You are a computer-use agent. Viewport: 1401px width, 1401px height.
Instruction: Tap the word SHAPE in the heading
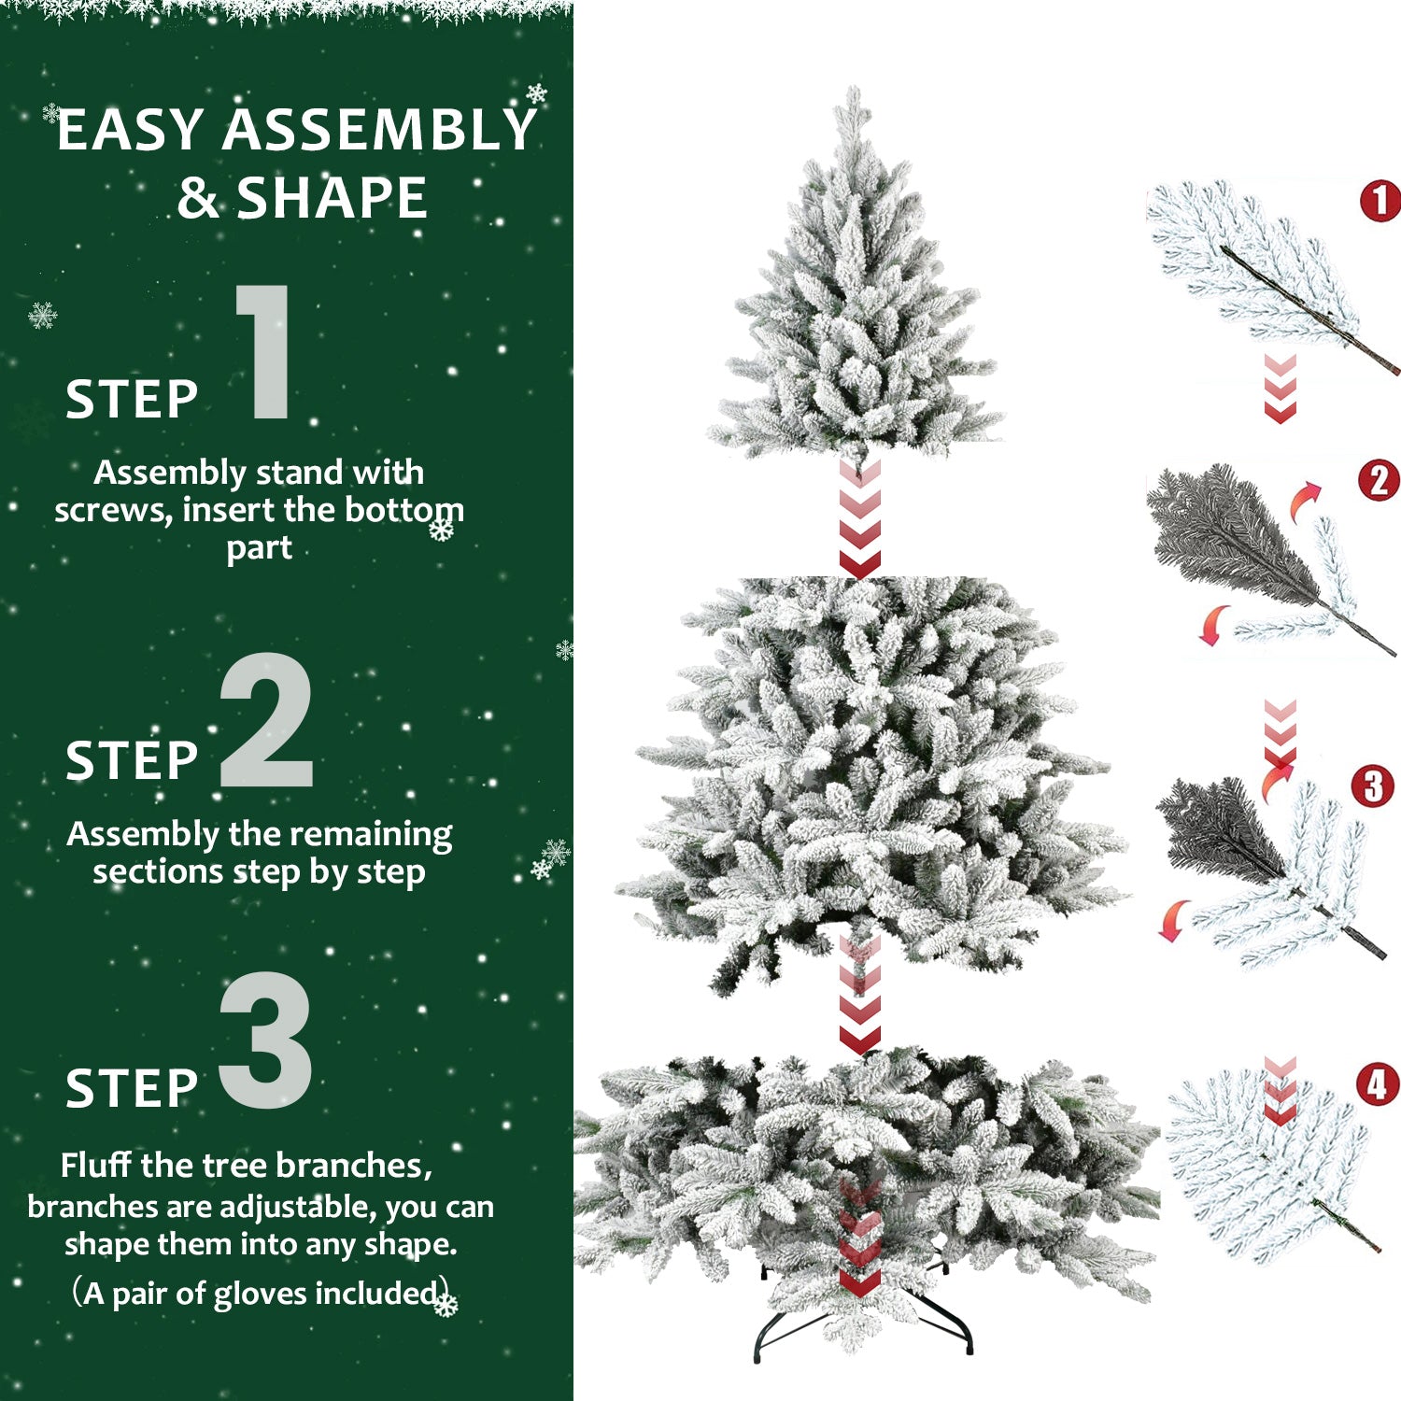[332, 198]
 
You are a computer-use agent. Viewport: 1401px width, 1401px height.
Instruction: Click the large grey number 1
[264, 353]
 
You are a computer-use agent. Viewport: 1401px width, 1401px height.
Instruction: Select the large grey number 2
[266, 721]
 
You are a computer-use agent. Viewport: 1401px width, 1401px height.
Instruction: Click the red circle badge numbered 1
[1380, 201]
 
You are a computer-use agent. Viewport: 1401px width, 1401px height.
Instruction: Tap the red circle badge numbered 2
[1379, 481]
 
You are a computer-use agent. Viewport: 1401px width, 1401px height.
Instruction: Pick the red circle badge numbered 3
[1372, 786]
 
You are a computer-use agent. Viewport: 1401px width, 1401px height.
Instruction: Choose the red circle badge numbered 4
[1378, 1084]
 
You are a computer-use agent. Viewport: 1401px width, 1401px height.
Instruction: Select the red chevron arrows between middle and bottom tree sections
[859, 995]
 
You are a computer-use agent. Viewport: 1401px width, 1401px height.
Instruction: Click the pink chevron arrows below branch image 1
[1280, 388]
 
